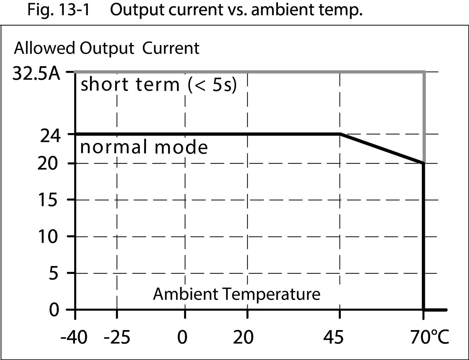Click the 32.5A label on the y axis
[x=36, y=74]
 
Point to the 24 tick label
[x=50, y=136]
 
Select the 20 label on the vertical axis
[x=48, y=163]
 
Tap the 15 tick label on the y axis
[x=48, y=200]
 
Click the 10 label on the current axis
[x=48, y=237]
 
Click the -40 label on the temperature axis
[x=74, y=337]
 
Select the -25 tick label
[x=116, y=337]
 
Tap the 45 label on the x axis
[x=333, y=337]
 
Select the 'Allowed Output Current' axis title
[x=107, y=48]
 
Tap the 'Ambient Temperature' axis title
[x=237, y=294]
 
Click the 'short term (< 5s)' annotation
[x=159, y=85]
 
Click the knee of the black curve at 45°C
[x=340, y=134]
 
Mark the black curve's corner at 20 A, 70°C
[x=424, y=163]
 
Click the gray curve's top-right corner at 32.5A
[x=424, y=72]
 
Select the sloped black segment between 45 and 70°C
[x=382, y=148]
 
